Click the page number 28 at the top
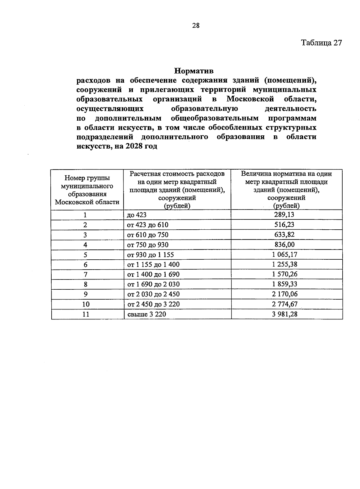click(x=196, y=26)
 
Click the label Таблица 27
click(x=321, y=43)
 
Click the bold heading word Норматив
click(x=194, y=71)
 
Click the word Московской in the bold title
click(x=250, y=99)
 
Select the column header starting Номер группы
click(x=87, y=190)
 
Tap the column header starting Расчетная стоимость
click(x=177, y=190)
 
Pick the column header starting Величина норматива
click(x=286, y=190)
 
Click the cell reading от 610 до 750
click(x=148, y=235)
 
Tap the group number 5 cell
click(x=85, y=255)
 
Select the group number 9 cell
click(x=85, y=294)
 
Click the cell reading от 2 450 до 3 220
click(x=153, y=304)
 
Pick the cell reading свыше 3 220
click(x=147, y=314)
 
